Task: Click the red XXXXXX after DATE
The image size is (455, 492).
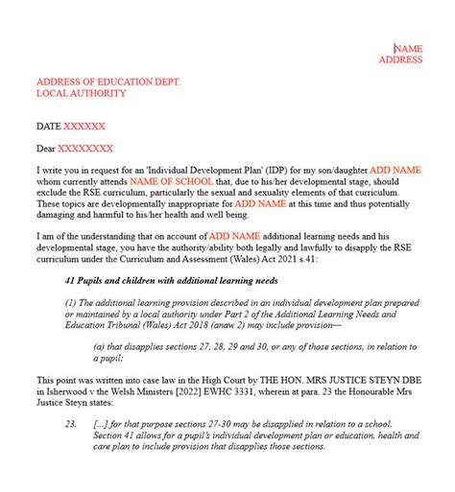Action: pyautogui.click(x=84, y=127)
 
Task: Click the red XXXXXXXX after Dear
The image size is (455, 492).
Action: pyautogui.click(x=85, y=149)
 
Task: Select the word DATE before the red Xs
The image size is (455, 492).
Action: pyautogui.click(x=47, y=127)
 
